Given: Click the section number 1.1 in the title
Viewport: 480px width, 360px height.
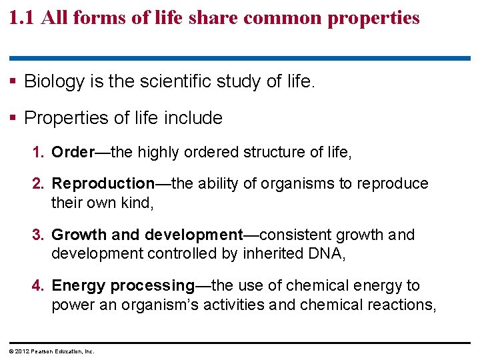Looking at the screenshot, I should pyautogui.click(x=22, y=17).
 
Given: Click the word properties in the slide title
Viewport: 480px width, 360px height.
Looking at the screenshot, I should pyautogui.click(x=375, y=18).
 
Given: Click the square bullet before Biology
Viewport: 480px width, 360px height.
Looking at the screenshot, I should pyautogui.click(x=14, y=82).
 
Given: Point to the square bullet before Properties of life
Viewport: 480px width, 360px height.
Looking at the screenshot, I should pyautogui.click(x=14, y=118).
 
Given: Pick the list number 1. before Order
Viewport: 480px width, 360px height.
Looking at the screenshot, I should pyautogui.click(x=39, y=152).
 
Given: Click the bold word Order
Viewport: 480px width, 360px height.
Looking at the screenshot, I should pyautogui.click(x=73, y=152).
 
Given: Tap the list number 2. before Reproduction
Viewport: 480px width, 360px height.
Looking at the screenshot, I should pyautogui.click(x=39, y=183).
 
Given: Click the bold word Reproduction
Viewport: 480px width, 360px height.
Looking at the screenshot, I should pyautogui.click(x=103, y=183).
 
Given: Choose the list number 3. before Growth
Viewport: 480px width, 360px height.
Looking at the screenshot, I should pyautogui.click(x=39, y=235).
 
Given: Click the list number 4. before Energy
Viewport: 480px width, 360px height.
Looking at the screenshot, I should pyautogui.click(x=39, y=286).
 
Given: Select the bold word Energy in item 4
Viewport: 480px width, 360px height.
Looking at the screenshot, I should pyautogui.click(x=79, y=286).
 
